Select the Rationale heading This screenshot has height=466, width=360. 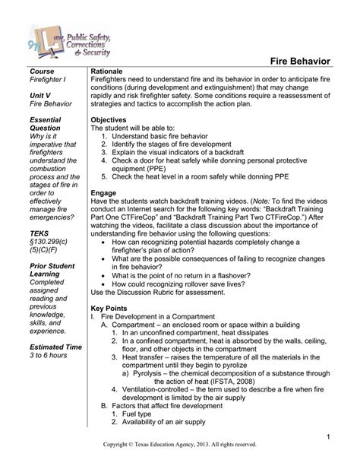[108, 71]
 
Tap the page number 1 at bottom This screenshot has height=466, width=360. [331, 436]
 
